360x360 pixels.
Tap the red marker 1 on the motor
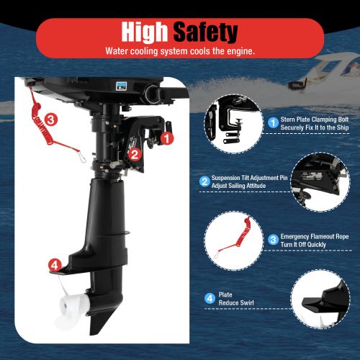[167, 135]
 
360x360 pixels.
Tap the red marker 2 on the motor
[134, 153]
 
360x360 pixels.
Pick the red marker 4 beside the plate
[54, 266]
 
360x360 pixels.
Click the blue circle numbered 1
[274, 123]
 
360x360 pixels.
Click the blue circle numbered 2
[204, 181]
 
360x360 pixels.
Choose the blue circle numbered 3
[274, 239]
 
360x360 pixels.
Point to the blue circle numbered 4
[210, 297]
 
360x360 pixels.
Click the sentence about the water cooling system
[179, 51]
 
